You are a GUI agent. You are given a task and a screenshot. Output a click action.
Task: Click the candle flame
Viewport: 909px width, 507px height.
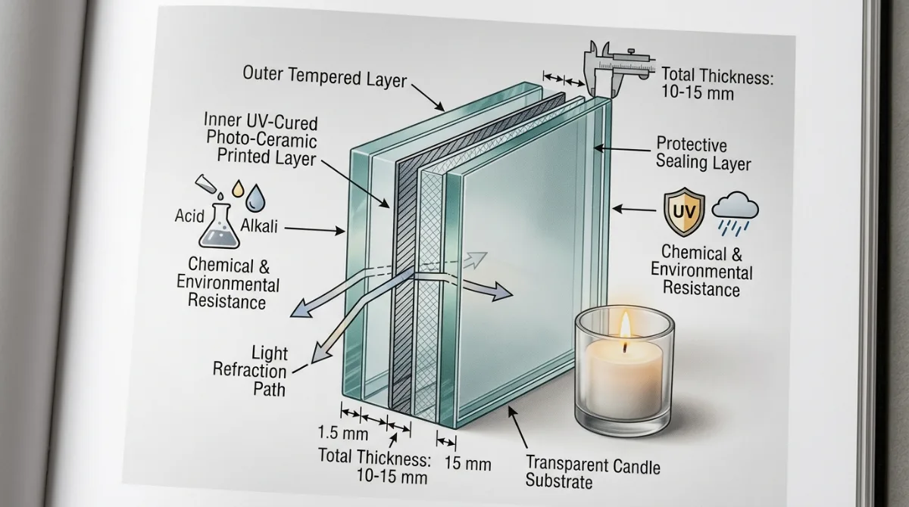(x=626, y=325)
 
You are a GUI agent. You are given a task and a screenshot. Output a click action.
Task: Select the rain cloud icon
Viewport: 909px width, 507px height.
(x=736, y=213)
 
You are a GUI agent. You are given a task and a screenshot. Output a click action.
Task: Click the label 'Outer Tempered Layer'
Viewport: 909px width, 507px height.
(x=325, y=76)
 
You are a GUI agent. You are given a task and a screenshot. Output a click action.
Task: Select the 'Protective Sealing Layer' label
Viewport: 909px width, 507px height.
(x=704, y=154)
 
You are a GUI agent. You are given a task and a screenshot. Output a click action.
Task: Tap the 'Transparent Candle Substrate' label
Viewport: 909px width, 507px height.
(x=592, y=472)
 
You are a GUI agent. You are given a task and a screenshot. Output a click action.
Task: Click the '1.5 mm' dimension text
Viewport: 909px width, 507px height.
(x=343, y=434)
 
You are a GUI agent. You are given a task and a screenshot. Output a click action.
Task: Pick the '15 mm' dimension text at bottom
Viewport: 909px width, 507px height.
(x=467, y=464)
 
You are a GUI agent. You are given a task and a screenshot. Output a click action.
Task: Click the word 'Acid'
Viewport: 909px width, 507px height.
(x=189, y=216)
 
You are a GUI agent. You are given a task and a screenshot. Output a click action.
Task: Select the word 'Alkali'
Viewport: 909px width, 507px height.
(x=259, y=226)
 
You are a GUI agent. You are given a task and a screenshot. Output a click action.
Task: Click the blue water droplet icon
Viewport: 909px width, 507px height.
(x=256, y=198)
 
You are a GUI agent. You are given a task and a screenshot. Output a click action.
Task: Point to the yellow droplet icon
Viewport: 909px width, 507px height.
(x=238, y=188)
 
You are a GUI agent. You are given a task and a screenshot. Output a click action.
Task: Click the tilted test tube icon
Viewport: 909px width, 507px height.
(x=205, y=184)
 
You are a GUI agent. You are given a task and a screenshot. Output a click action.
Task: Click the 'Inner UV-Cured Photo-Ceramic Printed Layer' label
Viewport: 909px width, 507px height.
(x=261, y=139)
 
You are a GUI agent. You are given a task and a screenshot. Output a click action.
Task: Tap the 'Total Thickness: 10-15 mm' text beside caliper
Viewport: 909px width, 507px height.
(x=717, y=84)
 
